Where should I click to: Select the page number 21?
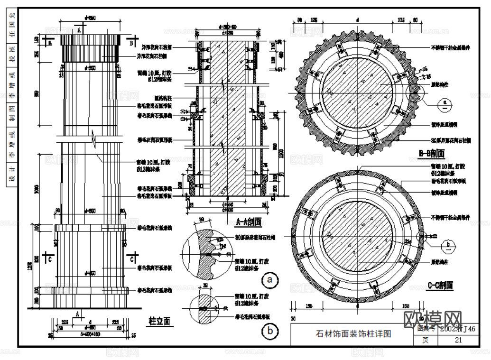458,340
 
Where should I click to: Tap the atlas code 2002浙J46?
457,328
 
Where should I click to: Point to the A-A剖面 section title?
248,221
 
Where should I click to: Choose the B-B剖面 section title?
431,153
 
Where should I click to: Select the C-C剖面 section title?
440,285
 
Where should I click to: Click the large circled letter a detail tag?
270,280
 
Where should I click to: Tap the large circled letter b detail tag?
270,331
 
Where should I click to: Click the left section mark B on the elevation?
49,42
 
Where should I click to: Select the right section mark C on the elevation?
131,259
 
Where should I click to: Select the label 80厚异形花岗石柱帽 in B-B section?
451,140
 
